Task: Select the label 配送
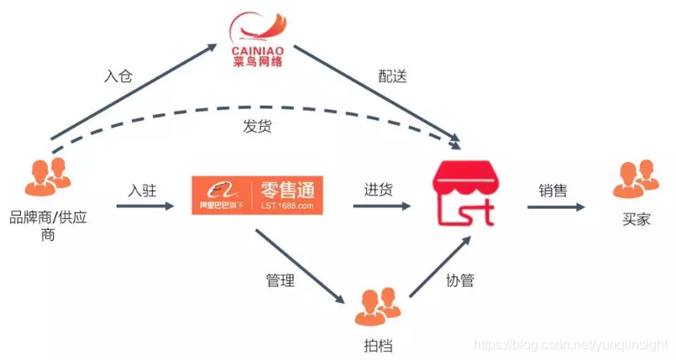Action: pos(392,75)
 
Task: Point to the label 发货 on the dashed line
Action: pos(258,127)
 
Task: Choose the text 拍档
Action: pos(379,345)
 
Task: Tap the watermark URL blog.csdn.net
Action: pos(570,345)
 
